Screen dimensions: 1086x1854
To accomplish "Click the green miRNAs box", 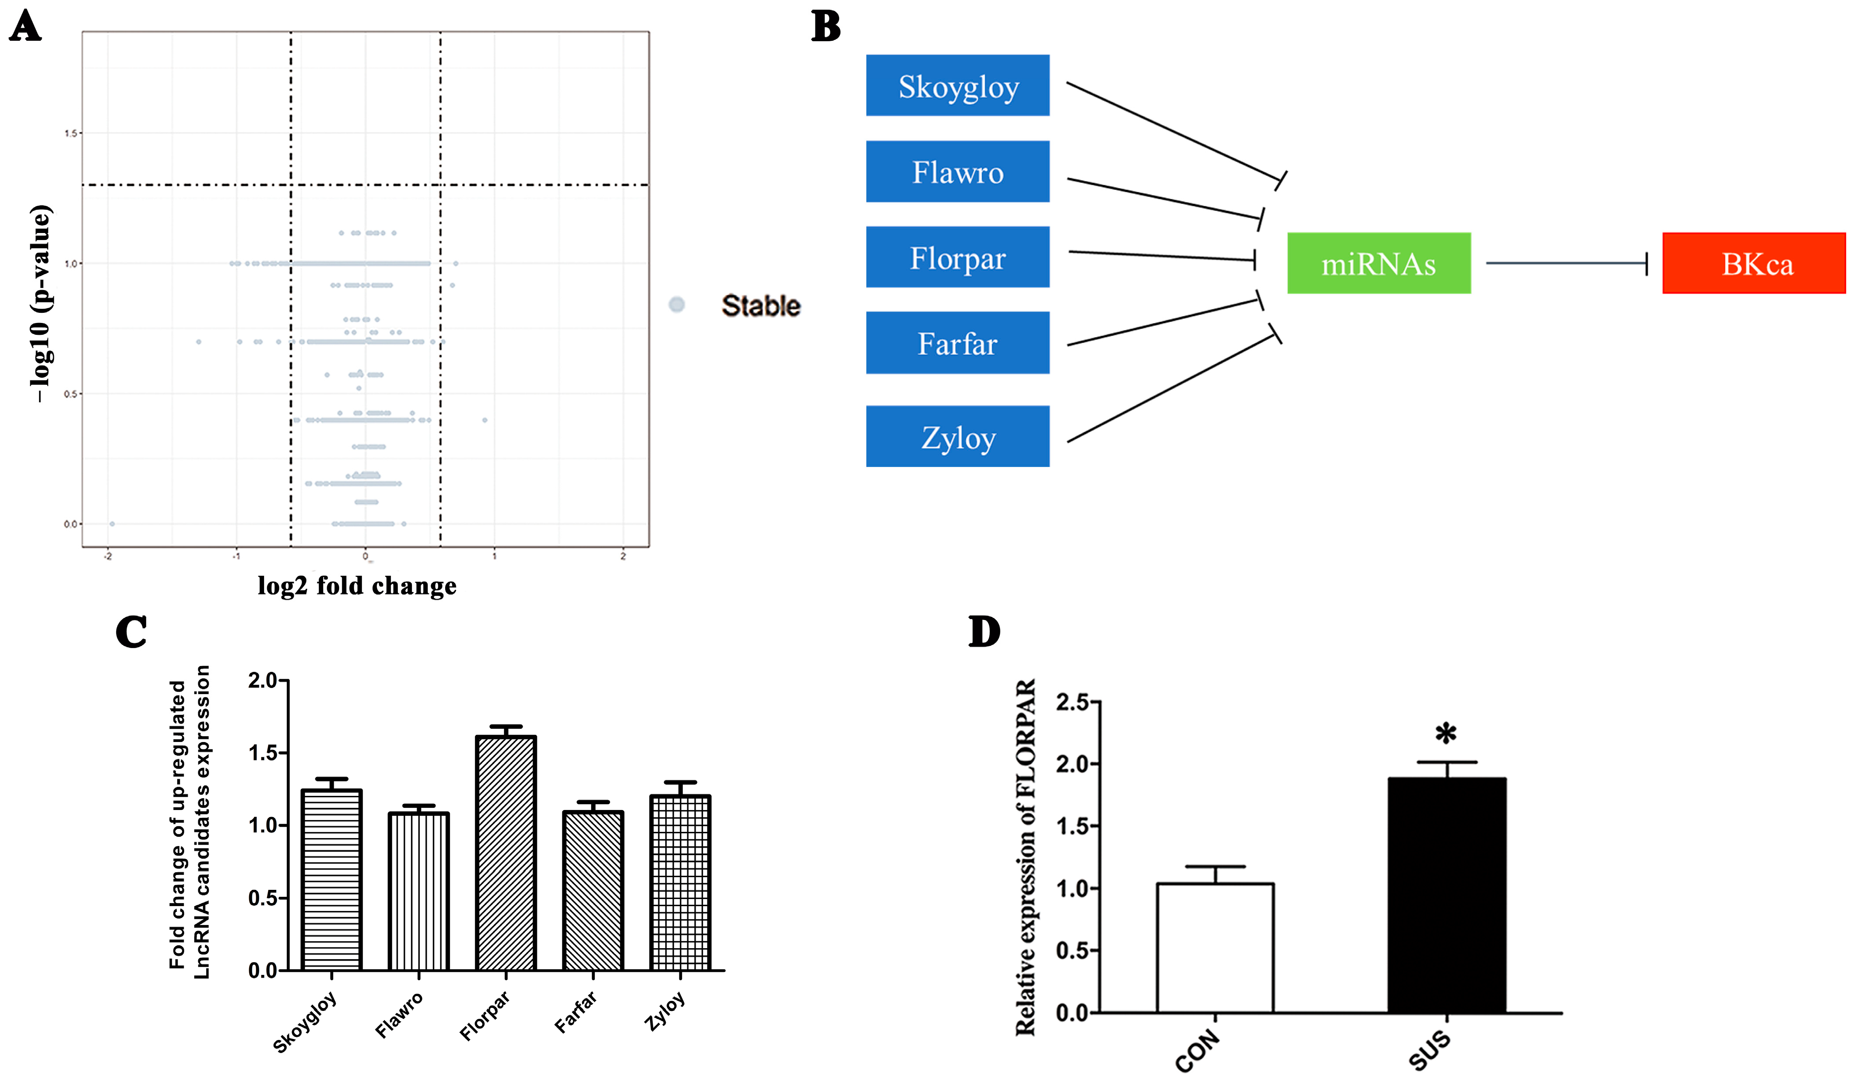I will (x=1379, y=263).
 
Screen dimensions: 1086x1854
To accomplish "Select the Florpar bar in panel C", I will (x=506, y=853).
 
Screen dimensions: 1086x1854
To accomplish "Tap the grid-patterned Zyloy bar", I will (x=681, y=883).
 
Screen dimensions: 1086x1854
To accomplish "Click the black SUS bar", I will (x=1447, y=896).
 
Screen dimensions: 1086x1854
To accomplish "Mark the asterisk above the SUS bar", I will (x=1446, y=734).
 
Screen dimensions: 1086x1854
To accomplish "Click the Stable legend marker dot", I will (x=677, y=305).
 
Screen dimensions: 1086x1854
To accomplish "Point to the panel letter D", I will (x=984, y=632).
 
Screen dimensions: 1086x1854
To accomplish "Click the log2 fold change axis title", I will (x=357, y=586).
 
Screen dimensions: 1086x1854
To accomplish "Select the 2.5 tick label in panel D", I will (x=1073, y=702).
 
